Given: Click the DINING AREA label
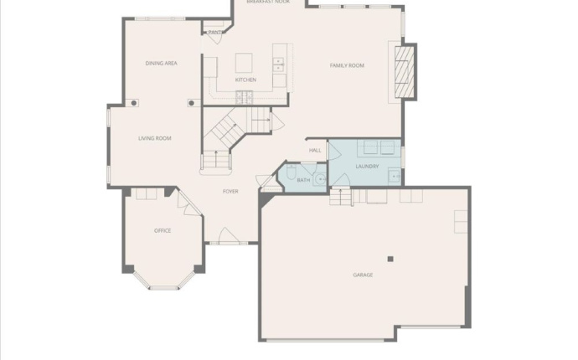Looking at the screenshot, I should [161, 63].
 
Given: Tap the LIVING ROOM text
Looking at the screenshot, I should [155, 138].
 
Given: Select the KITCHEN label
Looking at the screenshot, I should [245, 80].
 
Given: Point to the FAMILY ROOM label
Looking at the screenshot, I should [347, 65].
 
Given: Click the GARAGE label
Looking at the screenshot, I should [363, 275].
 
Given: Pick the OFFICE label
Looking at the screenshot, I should [163, 230].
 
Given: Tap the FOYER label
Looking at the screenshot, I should [230, 192].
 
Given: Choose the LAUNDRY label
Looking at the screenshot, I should [367, 167].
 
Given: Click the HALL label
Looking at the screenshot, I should [315, 151].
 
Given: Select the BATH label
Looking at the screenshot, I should [303, 180].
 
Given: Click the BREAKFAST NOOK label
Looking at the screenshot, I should [268, 3].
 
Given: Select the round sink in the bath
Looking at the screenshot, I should [319, 177].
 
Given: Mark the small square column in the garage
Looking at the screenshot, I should [390, 259].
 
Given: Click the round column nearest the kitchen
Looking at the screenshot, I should [191, 103].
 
